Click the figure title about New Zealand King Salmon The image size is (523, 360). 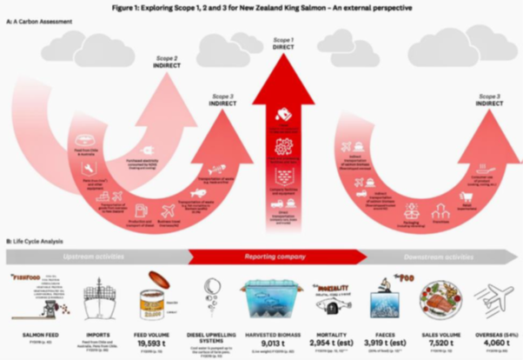(x=261, y=8)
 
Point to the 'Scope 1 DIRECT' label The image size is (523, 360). (x=283, y=43)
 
